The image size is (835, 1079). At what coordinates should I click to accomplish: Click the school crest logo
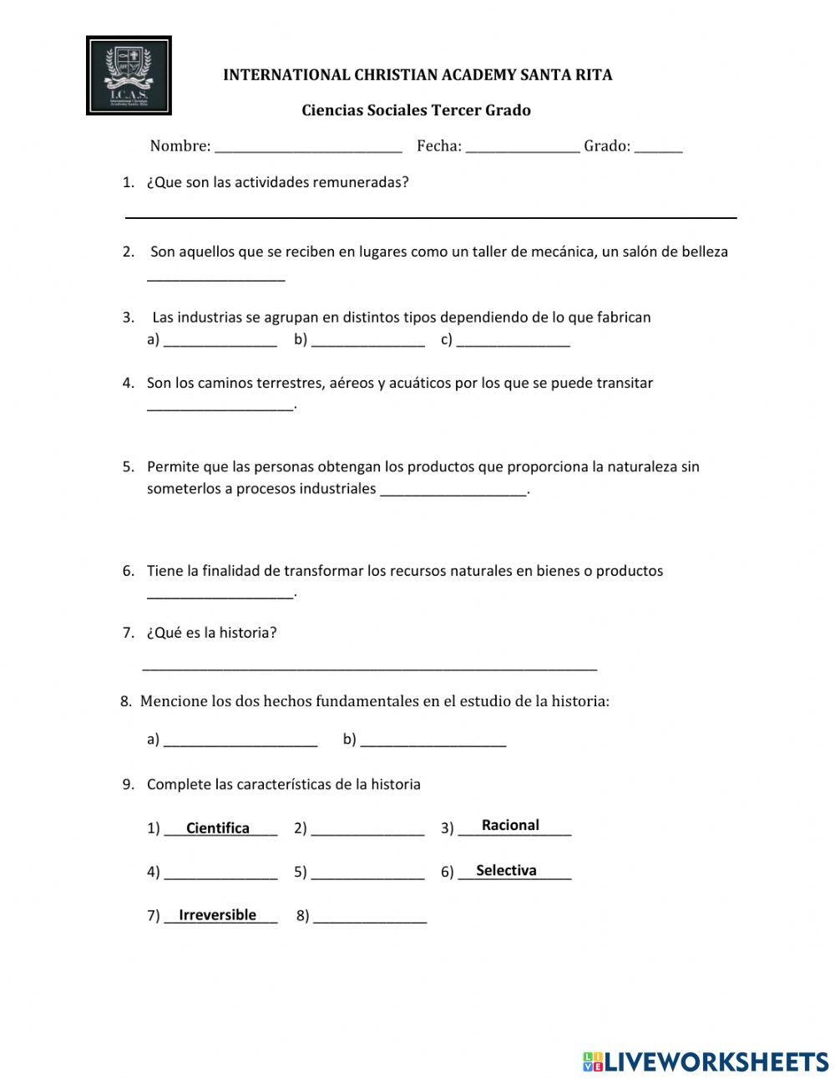point(129,75)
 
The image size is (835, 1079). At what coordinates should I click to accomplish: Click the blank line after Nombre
point(308,148)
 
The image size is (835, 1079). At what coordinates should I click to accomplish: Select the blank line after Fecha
point(523,148)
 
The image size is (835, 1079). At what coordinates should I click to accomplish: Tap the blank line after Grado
point(658,148)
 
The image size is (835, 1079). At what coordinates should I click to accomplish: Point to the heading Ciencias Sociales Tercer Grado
point(416,110)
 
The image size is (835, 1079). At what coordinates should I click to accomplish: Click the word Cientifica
point(218,828)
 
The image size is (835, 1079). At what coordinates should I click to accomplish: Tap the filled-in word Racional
point(510,825)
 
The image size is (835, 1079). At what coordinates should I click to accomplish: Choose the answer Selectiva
point(506,870)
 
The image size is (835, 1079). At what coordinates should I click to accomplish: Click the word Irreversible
point(217,915)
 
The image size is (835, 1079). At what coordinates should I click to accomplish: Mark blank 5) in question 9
point(367,874)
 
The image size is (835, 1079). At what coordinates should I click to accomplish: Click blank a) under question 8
point(240,741)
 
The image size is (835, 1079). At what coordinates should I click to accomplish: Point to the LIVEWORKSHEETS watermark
point(705,1061)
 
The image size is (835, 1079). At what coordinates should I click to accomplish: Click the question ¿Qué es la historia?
point(211,633)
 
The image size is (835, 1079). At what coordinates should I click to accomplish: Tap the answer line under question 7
point(370,666)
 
